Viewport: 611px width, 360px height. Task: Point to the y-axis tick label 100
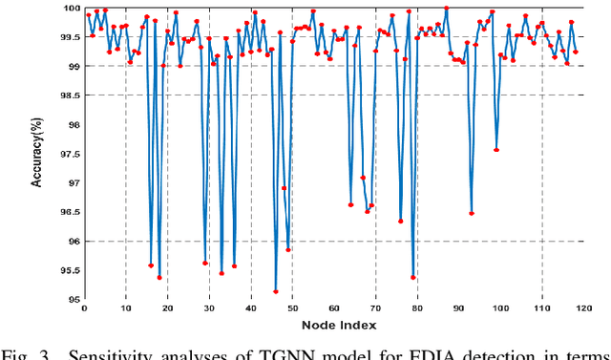click(71, 8)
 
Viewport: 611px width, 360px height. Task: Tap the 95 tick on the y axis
click(73, 299)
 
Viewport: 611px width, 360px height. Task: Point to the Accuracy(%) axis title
click(37, 153)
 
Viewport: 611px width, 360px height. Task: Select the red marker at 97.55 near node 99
click(496, 150)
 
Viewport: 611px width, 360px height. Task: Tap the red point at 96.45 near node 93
click(472, 213)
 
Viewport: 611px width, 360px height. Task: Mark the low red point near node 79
click(413, 278)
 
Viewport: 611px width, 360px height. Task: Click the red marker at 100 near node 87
click(446, 8)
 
